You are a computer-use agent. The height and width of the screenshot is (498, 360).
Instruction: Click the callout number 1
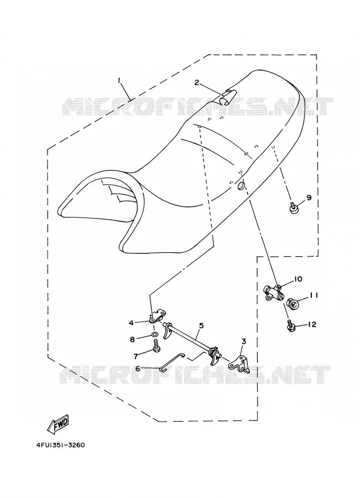coord(119,81)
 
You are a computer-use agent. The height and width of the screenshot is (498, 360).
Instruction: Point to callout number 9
coord(309,198)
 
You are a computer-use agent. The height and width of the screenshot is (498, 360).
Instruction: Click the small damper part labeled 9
coord(293,209)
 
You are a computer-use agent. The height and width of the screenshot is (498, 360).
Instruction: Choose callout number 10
coord(298,279)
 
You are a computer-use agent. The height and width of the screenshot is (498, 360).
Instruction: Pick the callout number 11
coord(314,295)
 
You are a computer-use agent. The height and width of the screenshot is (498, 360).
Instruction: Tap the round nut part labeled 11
coord(293,304)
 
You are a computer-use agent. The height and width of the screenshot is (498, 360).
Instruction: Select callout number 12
coord(312,324)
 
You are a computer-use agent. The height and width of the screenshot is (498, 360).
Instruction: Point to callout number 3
coord(244,342)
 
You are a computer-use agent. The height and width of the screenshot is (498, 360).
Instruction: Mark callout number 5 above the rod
coord(201,325)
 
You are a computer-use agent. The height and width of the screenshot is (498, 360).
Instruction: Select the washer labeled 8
coord(154,334)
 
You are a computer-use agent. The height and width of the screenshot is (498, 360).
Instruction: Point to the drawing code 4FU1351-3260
coord(61,445)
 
